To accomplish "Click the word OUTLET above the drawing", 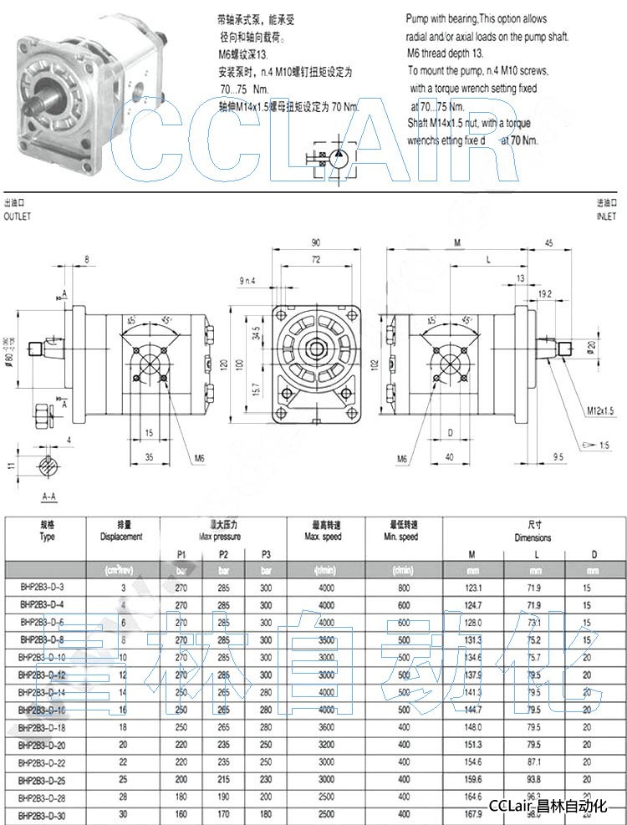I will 18,215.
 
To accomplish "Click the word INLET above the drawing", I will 606,215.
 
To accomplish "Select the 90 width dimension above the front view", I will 315,242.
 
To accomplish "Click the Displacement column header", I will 121,537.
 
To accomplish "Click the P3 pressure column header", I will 266,553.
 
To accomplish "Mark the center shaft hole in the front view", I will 316,347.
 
